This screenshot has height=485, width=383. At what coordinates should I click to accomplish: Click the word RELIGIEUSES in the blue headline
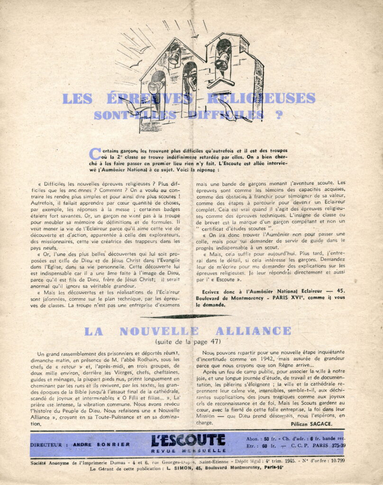coord(268,99)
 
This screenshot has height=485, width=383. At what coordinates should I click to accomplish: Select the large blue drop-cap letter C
coord(95,153)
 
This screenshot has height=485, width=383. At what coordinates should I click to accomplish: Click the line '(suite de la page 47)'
coord(188,341)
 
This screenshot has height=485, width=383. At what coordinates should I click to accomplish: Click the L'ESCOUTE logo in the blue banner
coord(188,440)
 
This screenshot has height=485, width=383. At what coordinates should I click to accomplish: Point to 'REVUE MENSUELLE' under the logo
coord(189,450)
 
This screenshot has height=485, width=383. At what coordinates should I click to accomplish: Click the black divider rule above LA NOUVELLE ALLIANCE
coord(191,316)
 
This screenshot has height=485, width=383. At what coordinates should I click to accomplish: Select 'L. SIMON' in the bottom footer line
coord(176,468)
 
